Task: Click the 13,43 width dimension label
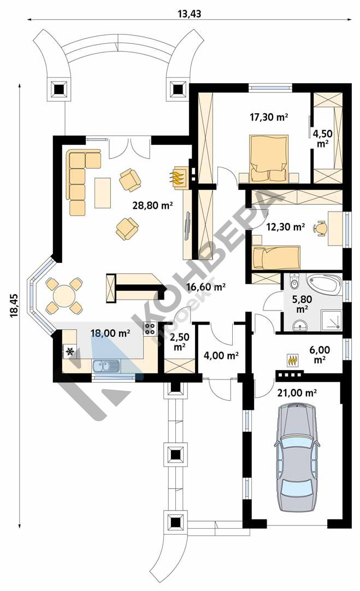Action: (190, 14)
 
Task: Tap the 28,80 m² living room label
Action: (152, 206)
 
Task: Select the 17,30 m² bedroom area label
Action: (269, 117)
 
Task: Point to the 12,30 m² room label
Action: (286, 227)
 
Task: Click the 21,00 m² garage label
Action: (297, 393)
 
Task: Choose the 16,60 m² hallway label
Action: (206, 287)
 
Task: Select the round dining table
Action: (64, 296)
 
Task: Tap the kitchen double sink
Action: (106, 365)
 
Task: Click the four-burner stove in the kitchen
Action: (150, 330)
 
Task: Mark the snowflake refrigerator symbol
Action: (70, 352)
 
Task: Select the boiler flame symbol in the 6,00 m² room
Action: (293, 360)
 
